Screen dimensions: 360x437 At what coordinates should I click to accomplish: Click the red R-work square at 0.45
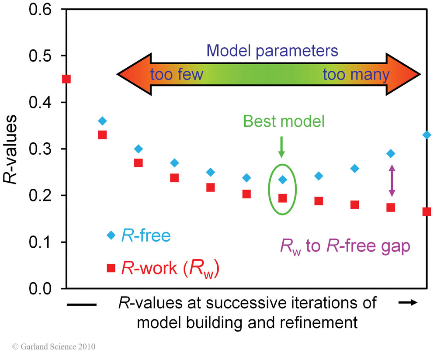pyautogui.click(x=66, y=79)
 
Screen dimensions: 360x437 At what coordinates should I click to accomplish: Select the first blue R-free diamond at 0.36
pyautogui.click(x=102, y=121)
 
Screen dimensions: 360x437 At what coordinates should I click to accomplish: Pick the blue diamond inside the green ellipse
pyautogui.click(x=283, y=180)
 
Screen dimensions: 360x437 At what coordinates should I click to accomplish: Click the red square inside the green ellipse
pyautogui.click(x=283, y=198)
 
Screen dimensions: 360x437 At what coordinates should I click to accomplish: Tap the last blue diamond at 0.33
pyautogui.click(x=427, y=135)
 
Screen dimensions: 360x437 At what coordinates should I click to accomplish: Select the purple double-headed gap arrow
pyautogui.click(x=392, y=180)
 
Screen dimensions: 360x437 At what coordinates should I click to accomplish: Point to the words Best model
pyautogui.click(x=284, y=121)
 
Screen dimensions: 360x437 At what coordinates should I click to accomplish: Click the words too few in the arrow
pyautogui.click(x=177, y=75)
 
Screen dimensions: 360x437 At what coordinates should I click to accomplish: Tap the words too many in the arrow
pyautogui.click(x=356, y=75)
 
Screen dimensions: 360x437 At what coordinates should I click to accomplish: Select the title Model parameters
pyautogui.click(x=273, y=51)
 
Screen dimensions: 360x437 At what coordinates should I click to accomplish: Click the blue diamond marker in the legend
pyautogui.click(x=111, y=235)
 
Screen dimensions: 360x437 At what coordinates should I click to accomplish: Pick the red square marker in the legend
pyautogui.click(x=111, y=268)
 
